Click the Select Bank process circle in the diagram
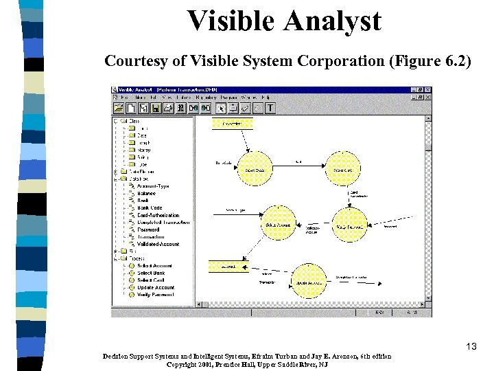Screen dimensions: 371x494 pos(255,170)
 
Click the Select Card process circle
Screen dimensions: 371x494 pos(343,170)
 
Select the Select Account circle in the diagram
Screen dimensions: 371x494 pos(277,225)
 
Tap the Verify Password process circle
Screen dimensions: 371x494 pos(349,225)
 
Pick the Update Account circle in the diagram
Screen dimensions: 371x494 pos(308,282)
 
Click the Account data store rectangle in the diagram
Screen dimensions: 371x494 pos(228,266)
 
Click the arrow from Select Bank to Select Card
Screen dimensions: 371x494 pos(298,164)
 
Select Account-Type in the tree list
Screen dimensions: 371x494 pos(152,186)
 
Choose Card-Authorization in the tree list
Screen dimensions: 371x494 pos(158,215)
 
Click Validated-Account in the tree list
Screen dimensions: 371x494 pos(158,244)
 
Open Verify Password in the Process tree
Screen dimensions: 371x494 pos(155,295)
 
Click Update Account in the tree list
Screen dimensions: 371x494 pos(155,288)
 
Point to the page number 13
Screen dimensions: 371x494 pos(471,346)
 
